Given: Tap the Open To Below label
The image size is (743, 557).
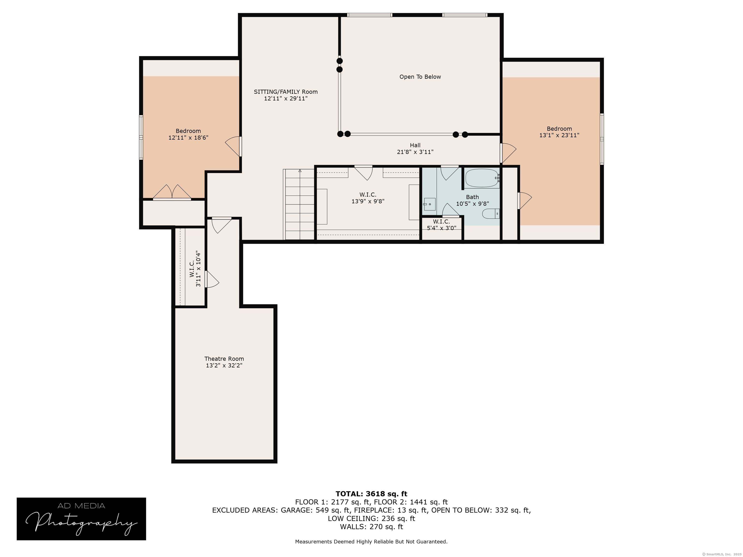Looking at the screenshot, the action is [420, 77].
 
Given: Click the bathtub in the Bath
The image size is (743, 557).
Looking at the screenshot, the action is [482, 178].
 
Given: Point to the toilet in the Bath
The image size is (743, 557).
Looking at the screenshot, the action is [491, 213].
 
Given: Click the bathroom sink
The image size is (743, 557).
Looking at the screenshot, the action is [429, 204].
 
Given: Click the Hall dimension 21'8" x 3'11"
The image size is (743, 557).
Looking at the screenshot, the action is [415, 152].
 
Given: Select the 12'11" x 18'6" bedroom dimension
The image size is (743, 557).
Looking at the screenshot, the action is [188, 138].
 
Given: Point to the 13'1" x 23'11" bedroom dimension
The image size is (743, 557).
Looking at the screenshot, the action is [559, 135].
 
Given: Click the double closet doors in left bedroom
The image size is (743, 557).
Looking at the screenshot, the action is [172, 192].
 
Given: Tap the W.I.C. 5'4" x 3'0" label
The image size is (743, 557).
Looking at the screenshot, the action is [441, 225].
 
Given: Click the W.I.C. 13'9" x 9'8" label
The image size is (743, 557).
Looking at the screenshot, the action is [368, 198].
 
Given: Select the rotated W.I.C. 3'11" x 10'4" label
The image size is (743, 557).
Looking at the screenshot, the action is [195, 269].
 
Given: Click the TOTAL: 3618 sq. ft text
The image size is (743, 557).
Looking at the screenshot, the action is [371, 494].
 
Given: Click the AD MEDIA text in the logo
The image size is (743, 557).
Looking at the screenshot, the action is [81, 506].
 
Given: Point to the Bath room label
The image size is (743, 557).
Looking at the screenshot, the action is [472, 197].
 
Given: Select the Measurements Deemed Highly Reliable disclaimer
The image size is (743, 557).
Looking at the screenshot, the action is [371, 542].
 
